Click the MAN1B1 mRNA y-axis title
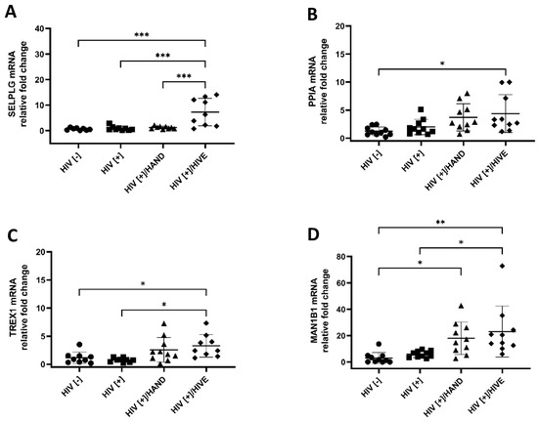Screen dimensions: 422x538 290,308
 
